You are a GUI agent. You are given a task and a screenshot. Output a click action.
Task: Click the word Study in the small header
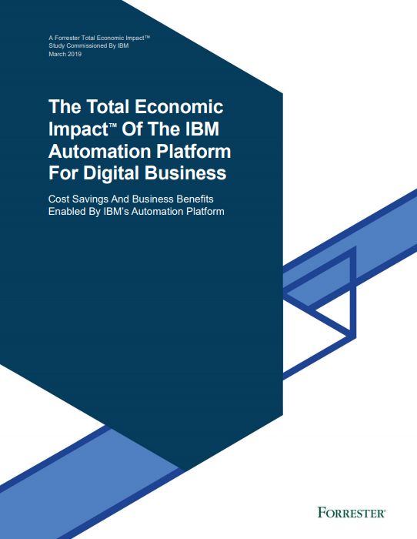[x=56, y=45]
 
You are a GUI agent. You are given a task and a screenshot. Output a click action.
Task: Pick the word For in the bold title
[x=65, y=172]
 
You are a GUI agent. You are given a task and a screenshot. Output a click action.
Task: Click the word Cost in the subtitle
[x=61, y=199]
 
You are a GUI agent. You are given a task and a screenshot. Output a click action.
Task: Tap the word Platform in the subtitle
[x=205, y=212]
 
